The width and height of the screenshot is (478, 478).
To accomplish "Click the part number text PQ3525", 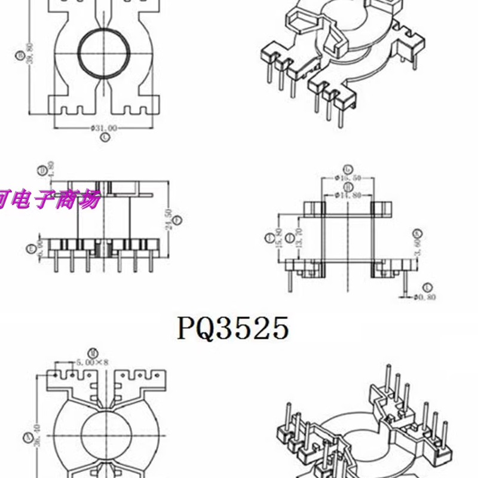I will click(233, 328).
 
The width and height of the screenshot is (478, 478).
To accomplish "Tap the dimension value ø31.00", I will click(104, 128).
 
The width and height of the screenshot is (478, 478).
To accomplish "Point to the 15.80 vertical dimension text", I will click(279, 238).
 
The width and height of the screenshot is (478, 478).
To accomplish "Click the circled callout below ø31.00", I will click(105, 137).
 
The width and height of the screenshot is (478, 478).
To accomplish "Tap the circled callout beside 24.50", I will click(177, 219).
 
